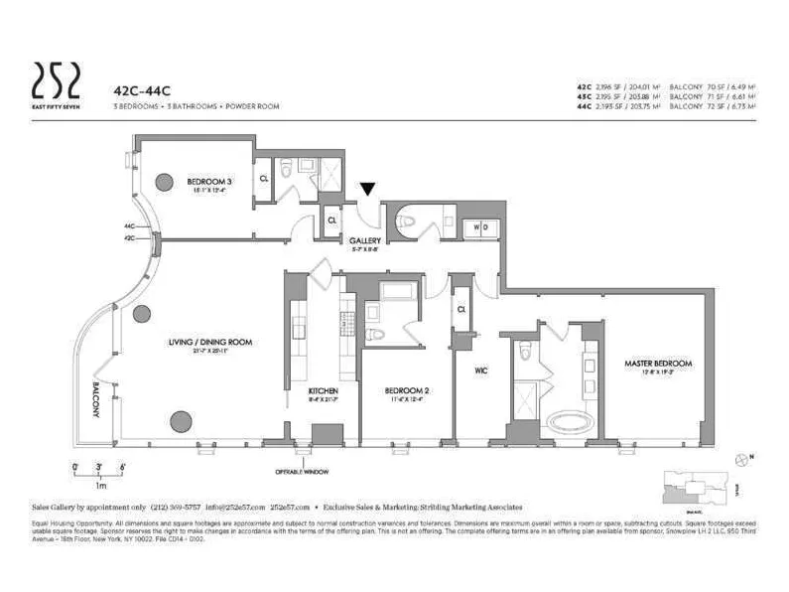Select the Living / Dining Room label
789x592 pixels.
point(210,341)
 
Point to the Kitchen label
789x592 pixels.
point(324,390)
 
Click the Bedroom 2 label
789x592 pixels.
point(406,390)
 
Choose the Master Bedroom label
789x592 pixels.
point(658,363)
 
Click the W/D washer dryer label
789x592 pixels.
point(479,225)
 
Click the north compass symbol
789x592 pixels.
point(743,458)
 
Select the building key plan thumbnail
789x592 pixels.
point(699,485)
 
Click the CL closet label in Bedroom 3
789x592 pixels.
point(264,180)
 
